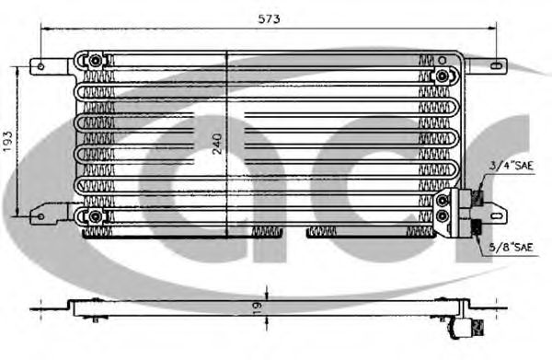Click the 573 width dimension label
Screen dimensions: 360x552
click(x=268, y=18)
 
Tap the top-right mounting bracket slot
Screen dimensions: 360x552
click(x=495, y=66)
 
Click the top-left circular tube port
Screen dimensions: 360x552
click(x=94, y=61)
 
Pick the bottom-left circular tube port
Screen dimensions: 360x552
click(x=94, y=216)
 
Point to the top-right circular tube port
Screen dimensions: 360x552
click(x=443, y=75)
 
